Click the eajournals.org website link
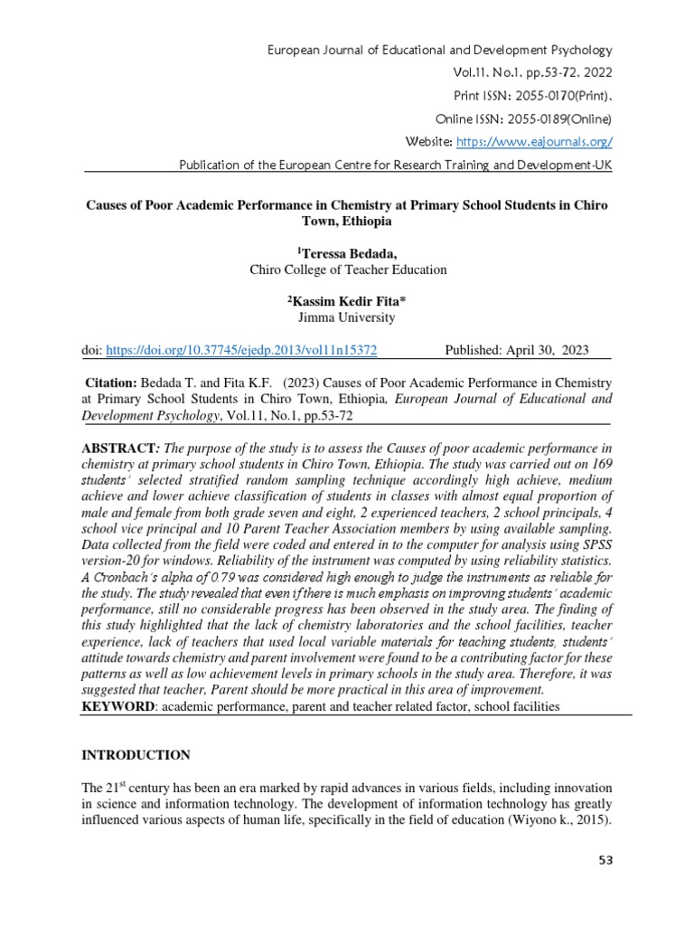pyautogui.click(x=535, y=142)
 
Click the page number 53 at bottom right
pyautogui.click(x=605, y=860)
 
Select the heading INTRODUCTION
pyautogui.click(x=136, y=755)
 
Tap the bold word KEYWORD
pyautogui.click(x=117, y=705)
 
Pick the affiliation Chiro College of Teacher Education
pyautogui.click(x=347, y=269)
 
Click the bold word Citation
pyautogui.click(x=111, y=384)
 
